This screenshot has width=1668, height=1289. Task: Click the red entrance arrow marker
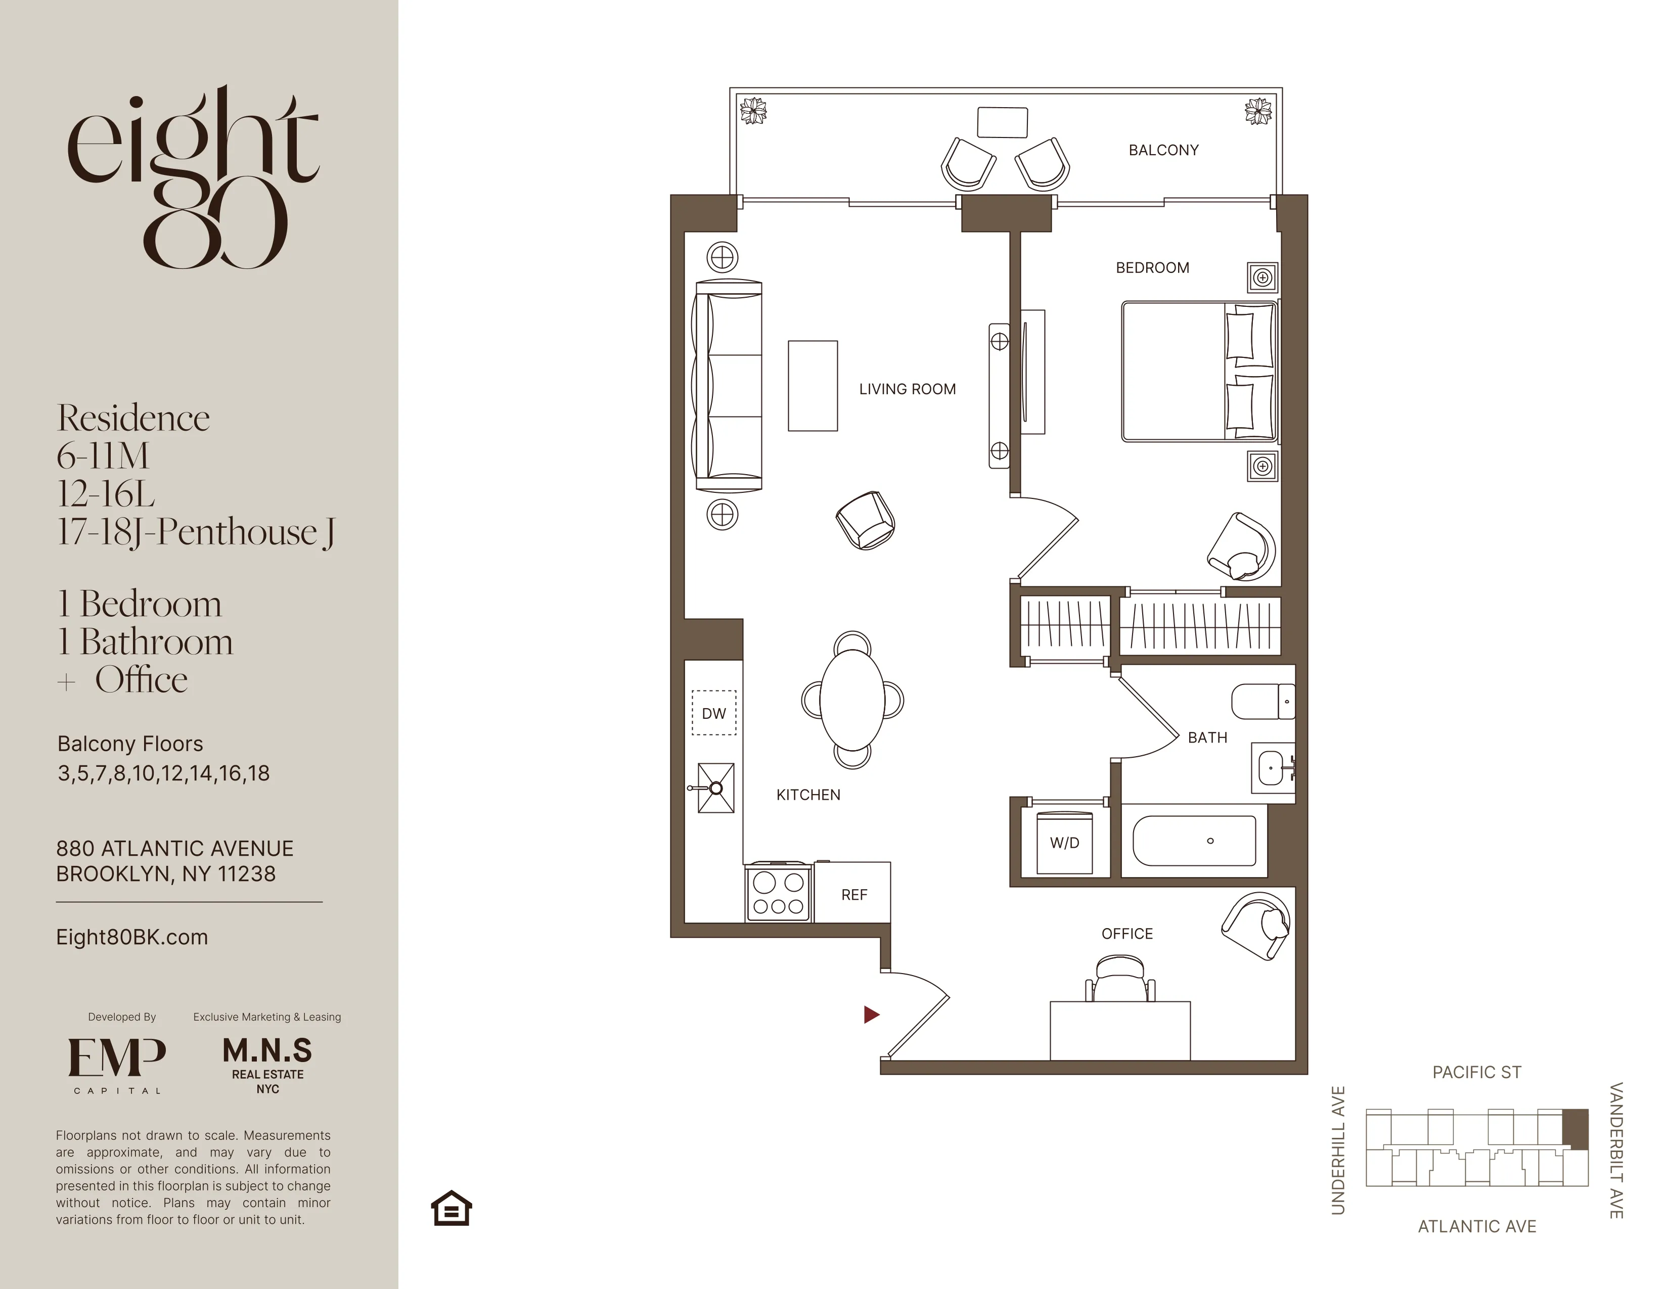[x=871, y=1014]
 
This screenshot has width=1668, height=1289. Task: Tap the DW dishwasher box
[x=714, y=713]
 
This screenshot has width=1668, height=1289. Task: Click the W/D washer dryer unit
[x=1064, y=843]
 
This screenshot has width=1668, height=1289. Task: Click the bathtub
[x=1194, y=841]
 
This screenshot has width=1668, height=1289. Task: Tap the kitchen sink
[x=715, y=787]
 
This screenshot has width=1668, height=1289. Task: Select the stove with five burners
[x=778, y=893]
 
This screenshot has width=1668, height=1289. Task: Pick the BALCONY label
[x=1163, y=151]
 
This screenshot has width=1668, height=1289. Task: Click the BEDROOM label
[x=1152, y=268]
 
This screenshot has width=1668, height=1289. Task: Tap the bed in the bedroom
[x=1198, y=372]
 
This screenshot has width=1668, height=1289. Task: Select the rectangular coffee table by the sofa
[x=813, y=386]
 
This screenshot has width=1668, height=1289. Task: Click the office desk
[x=1119, y=1030]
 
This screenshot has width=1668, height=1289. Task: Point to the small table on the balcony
[x=1002, y=122]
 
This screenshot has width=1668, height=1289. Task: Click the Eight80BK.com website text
[x=131, y=937]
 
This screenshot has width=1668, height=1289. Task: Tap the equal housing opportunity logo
[x=452, y=1208]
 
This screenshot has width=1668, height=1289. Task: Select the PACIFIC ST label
[x=1476, y=1072]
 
